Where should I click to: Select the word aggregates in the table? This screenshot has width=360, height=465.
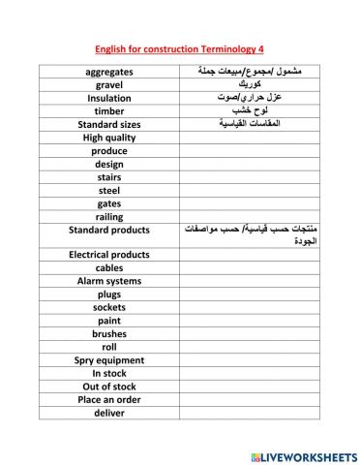click(x=109, y=72)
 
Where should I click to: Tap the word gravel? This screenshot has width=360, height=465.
click(x=109, y=85)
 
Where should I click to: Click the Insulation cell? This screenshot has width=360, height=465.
click(x=109, y=98)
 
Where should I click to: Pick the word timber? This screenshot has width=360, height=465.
click(x=109, y=111)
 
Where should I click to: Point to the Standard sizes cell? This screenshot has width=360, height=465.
click(x=109, y=124)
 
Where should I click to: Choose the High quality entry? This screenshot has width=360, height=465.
click(x=109, y=138)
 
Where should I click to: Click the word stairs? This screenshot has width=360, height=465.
click(x=109, y=177)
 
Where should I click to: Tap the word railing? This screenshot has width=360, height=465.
click(x=109, y=217)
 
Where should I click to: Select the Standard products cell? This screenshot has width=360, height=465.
click(x=109, y=230)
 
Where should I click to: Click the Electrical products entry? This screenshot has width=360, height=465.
click(x=109, y=255)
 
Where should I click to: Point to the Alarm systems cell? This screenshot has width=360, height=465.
click(x=109, y=281)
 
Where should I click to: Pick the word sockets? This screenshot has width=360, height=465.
click(x=109, y=307)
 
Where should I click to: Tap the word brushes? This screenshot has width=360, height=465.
click(x=109, y=333)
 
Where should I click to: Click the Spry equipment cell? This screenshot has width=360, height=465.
click(x=109, y=359)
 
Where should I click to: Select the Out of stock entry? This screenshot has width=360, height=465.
click(x=109, y=386)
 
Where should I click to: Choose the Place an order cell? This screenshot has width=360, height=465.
click(x=109, y=398)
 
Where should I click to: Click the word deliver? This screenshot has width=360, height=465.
click(x=109, y=412)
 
